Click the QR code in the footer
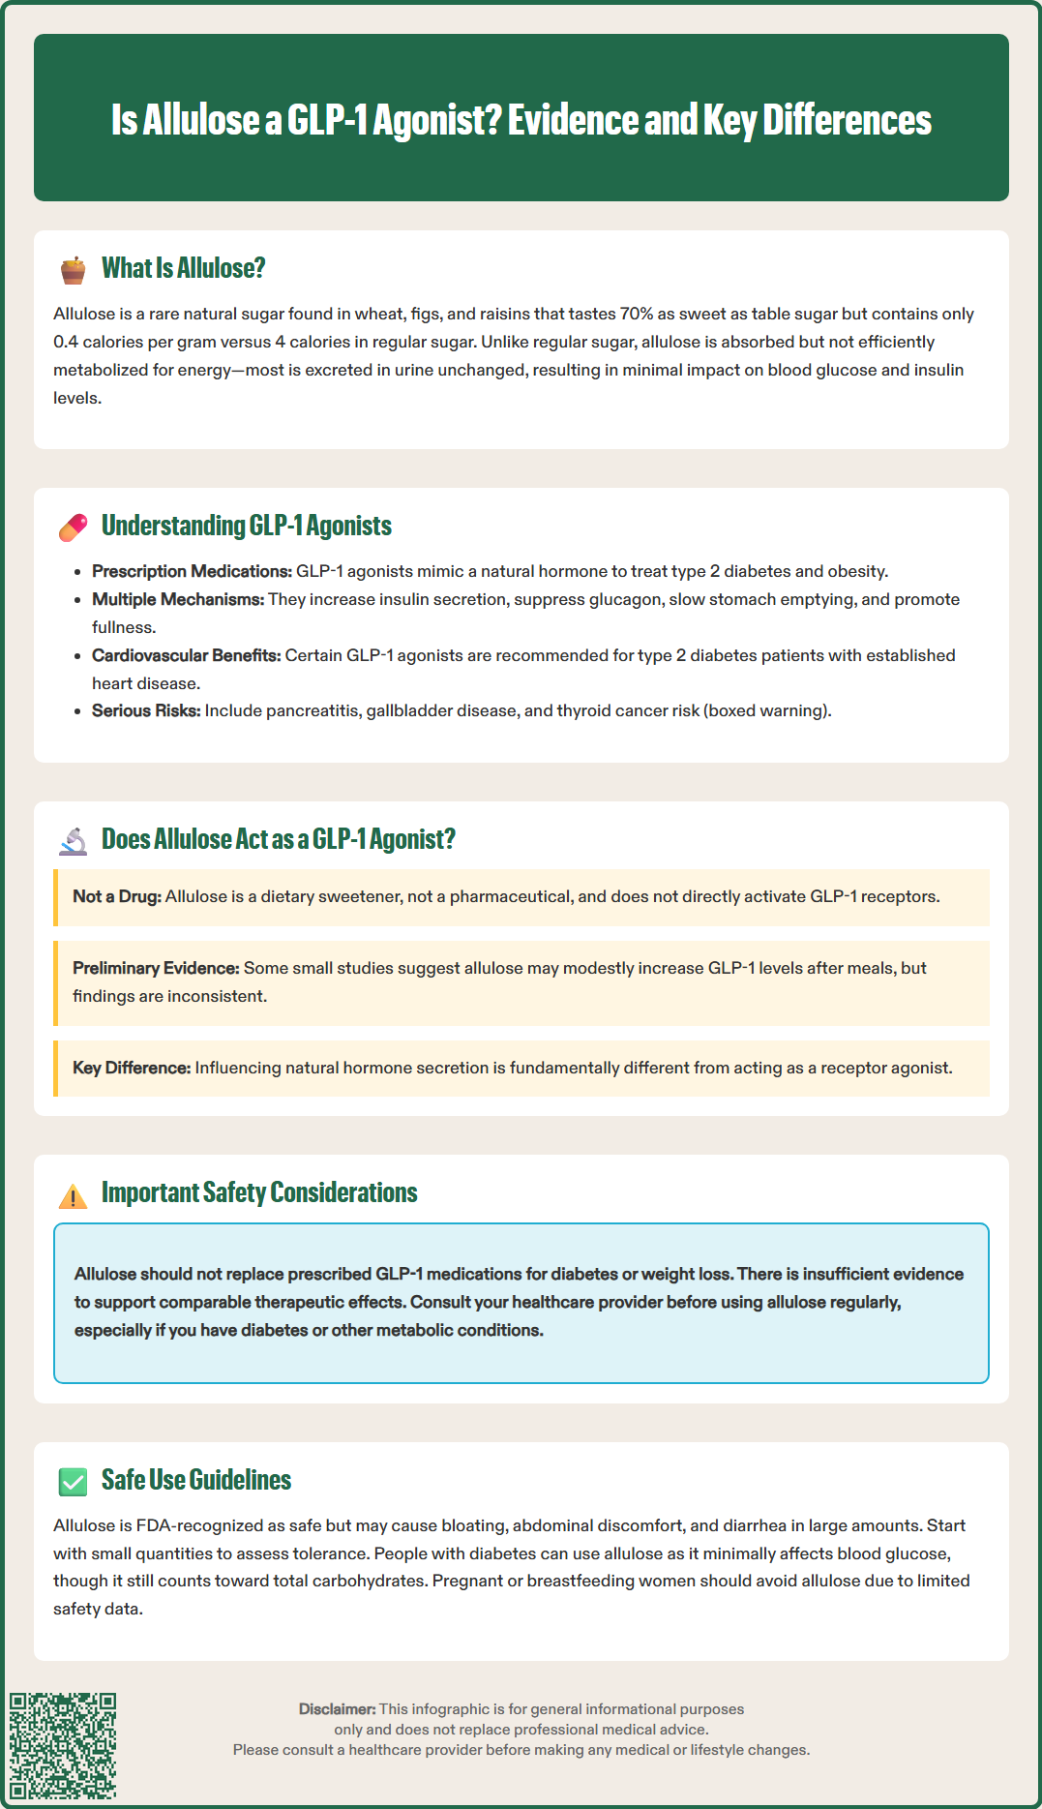63,1746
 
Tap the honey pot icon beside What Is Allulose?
73,270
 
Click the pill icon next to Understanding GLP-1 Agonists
73,528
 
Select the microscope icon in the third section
73,841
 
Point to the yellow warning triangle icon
73,1196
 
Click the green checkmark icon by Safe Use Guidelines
73,1482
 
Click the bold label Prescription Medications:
192,571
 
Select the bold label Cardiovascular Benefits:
186,655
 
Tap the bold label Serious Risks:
146,710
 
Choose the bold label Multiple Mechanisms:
178,599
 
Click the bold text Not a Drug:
117,896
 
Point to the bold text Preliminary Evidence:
156,968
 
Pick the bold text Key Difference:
132,1068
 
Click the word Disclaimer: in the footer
337,1709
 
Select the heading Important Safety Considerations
259,1192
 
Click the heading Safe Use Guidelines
196,1480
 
